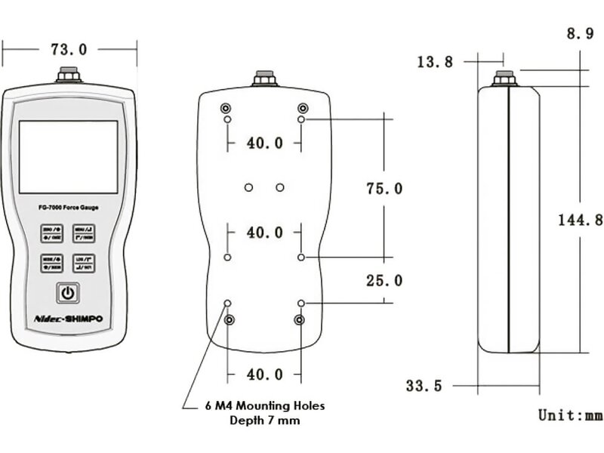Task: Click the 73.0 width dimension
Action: [x=69, y=50]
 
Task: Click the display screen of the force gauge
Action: [x=69, y=156]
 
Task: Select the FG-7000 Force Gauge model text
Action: [x=68, y=208]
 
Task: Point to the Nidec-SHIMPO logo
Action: [x=69, y=319]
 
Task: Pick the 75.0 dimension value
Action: [x=384, y=188]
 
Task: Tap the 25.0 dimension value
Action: [x=384, y=281]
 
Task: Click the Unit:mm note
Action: [x=570, y=414]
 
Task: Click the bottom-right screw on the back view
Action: [x=300, y=320]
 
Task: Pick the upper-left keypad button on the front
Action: [x=52, y=234]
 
